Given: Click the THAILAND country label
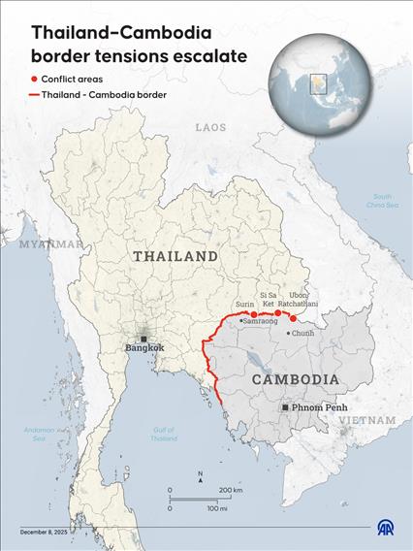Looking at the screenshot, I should tap(175, 256).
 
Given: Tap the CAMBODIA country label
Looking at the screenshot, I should tap(296, 379).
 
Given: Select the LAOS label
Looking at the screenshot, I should tap(210, 127).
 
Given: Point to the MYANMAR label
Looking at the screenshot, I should tap(51, 244).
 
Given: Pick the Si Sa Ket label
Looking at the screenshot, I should tap(270, 299).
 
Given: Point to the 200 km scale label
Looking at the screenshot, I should tap(231, 491).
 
